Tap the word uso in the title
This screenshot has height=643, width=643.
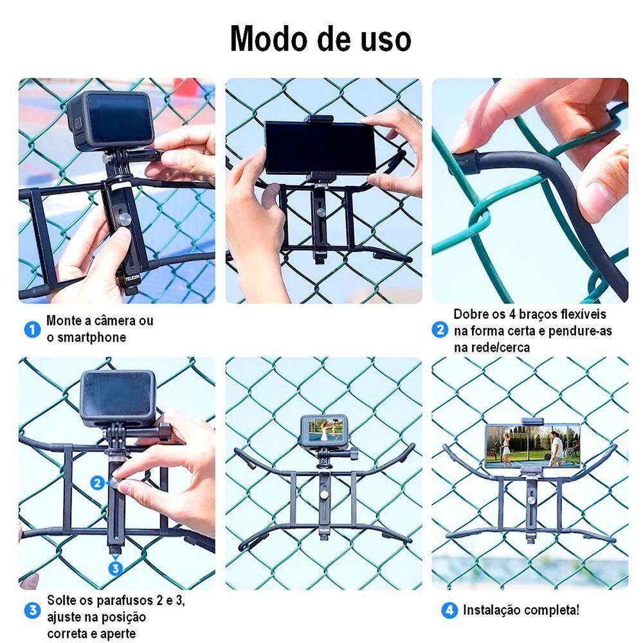pos(385,40)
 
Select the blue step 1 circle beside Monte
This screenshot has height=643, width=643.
pos(32,330)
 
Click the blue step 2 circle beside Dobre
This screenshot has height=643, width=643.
pos(440,331)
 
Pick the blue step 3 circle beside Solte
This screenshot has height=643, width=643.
pos(32,610)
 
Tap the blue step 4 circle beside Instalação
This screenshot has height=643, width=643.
pos(449,610)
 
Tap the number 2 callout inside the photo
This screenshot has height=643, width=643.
pos(97,482)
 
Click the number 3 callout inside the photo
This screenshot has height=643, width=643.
pos(115,567)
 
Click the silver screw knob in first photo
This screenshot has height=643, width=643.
pos(126,220)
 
